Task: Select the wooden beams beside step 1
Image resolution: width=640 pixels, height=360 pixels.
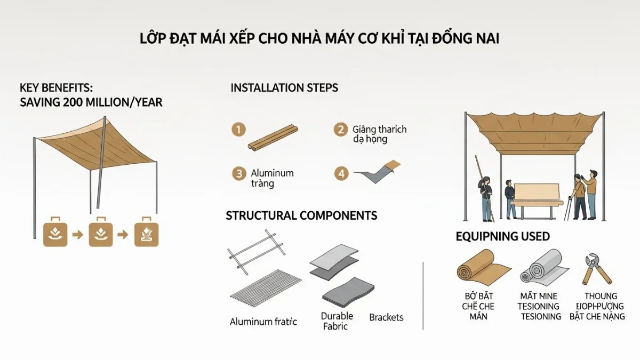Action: point(272,137)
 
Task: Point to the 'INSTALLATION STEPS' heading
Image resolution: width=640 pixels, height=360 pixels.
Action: point(284,88)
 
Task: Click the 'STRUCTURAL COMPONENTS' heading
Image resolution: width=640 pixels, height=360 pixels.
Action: point(301,215)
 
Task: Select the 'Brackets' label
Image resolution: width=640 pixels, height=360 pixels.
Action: point(386,317)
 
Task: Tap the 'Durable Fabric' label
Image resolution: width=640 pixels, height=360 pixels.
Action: point(337,321)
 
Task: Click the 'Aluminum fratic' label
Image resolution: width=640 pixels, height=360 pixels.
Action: point(263,322)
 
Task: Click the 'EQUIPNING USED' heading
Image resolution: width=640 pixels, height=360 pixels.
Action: point(502,236)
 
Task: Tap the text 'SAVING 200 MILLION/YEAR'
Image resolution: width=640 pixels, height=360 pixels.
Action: point(91,102)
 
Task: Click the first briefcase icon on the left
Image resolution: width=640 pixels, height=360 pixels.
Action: point(55,234)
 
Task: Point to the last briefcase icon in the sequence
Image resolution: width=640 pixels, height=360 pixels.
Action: point(146,234)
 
